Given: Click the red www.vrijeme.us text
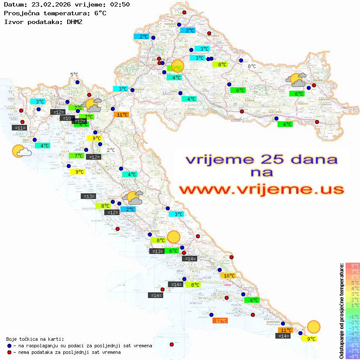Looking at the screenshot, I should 261,190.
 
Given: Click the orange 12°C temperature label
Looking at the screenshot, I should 220,321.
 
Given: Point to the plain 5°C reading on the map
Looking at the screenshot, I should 74,75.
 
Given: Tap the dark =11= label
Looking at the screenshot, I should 20,128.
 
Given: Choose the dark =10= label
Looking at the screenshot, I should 67,118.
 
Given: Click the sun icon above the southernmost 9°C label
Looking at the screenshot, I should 313,326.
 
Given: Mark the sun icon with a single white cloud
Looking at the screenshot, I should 21,151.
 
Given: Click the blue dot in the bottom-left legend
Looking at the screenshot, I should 9,346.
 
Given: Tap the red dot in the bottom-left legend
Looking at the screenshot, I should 9,352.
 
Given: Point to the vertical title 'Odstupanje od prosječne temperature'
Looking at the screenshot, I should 342,311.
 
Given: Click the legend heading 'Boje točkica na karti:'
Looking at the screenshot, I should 35,339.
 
